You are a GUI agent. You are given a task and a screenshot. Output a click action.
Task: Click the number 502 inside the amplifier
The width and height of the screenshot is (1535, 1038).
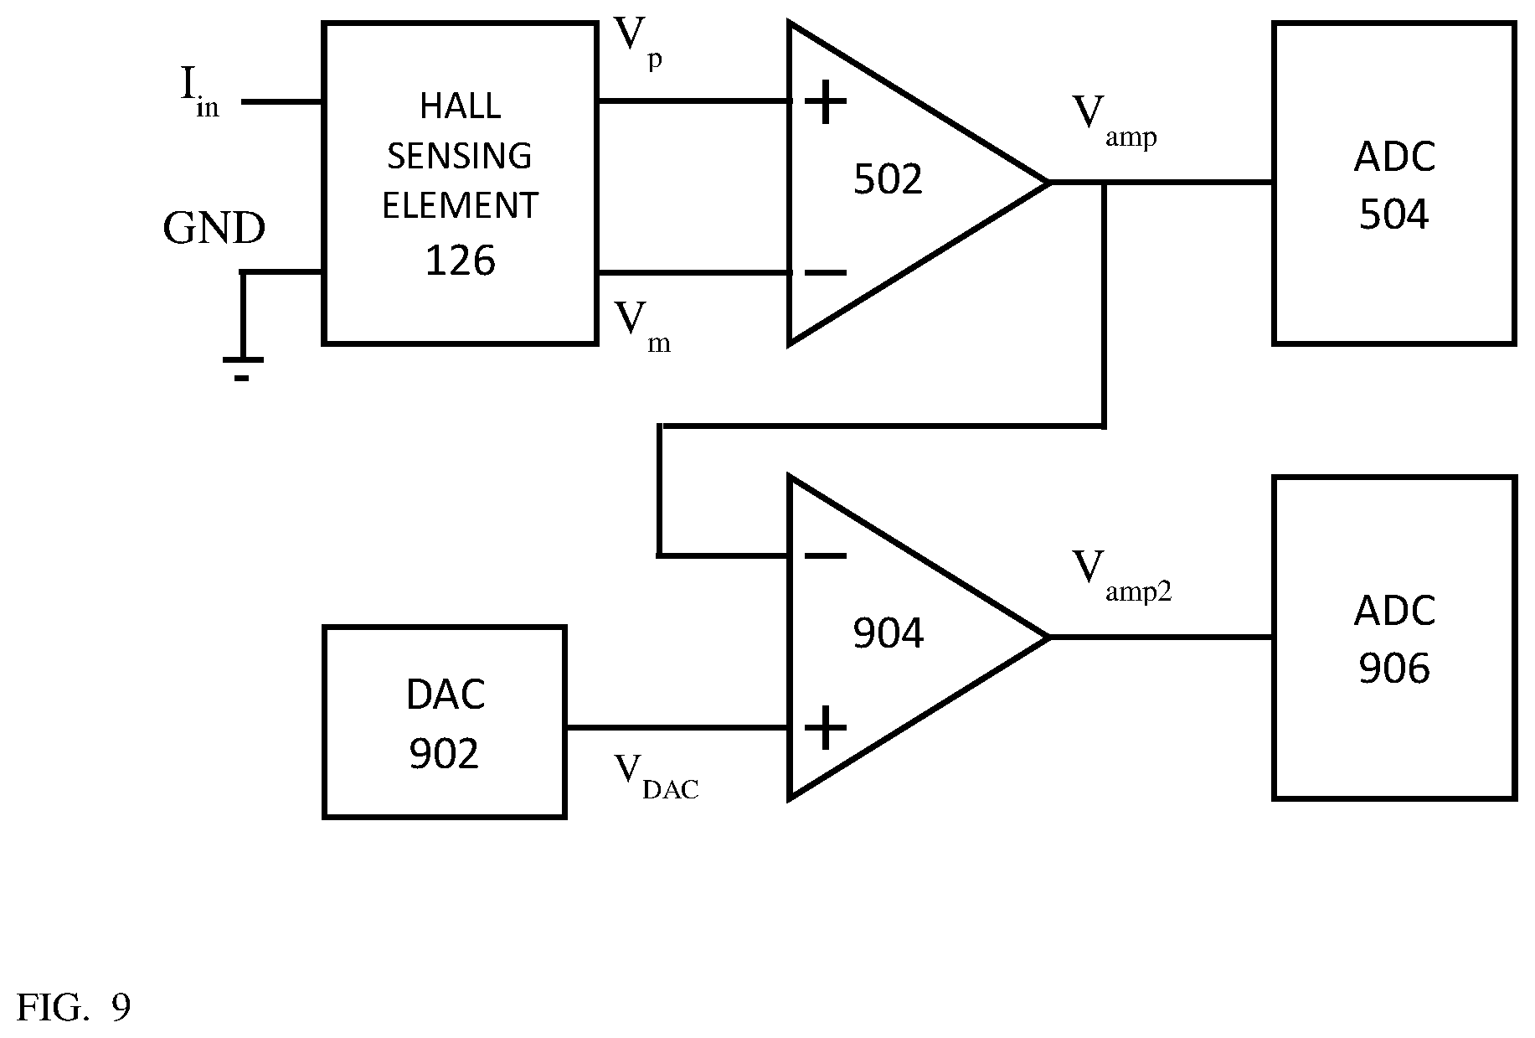pos(888,179)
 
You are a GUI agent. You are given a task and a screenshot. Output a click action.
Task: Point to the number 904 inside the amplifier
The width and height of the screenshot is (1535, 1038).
pos(888,633)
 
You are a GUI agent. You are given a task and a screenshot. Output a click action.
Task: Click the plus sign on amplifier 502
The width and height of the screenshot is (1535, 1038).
pos(826,102)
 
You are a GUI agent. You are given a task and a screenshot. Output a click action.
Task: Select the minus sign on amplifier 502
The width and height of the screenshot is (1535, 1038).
pos(826,272)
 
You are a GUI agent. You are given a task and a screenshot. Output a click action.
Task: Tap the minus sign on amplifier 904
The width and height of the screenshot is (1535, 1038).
pos(826,555)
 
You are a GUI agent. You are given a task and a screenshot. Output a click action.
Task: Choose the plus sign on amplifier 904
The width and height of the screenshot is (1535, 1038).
pos(826,728)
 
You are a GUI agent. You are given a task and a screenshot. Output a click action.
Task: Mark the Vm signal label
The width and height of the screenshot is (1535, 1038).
pos(643,326)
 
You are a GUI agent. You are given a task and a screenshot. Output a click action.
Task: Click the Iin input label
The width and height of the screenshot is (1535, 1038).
pos(199,91)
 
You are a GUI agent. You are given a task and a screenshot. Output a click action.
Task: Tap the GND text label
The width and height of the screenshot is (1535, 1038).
pos(214,229)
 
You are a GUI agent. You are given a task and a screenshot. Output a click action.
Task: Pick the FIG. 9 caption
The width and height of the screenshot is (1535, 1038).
pos(74,1008)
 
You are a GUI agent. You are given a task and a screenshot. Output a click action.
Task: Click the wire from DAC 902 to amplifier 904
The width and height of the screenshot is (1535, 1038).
pos(677,728)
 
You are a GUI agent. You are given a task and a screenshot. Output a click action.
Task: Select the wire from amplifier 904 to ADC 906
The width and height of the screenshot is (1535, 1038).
pos(1161,638)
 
